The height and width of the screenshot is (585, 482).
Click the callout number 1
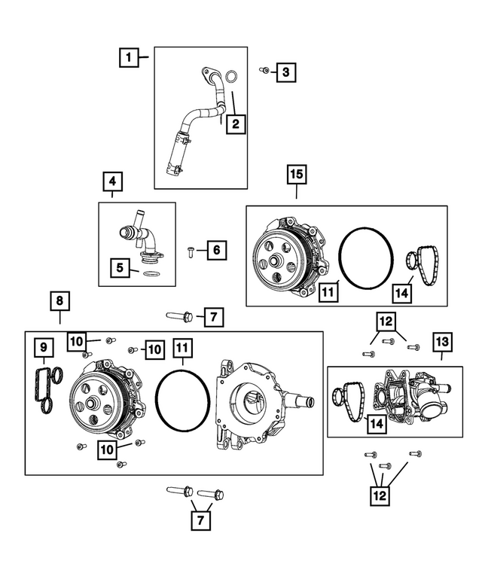point(129,56)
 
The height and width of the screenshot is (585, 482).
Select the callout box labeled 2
point(236,124)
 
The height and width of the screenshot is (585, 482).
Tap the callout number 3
point(285,72)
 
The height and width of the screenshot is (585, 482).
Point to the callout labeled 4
point(111,181)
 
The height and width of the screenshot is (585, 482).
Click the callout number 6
point(215,249)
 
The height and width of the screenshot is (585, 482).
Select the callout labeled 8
point(60,302)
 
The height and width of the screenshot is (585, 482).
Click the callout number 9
point(43,347)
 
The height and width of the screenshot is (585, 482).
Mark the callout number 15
point(296,175)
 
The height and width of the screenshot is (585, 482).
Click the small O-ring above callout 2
point(233,76)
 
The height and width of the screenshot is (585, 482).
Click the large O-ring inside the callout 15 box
point(365,258)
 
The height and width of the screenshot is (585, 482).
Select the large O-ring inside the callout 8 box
point(183,400)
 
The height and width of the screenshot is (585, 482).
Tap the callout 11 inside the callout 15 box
point(327,291)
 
